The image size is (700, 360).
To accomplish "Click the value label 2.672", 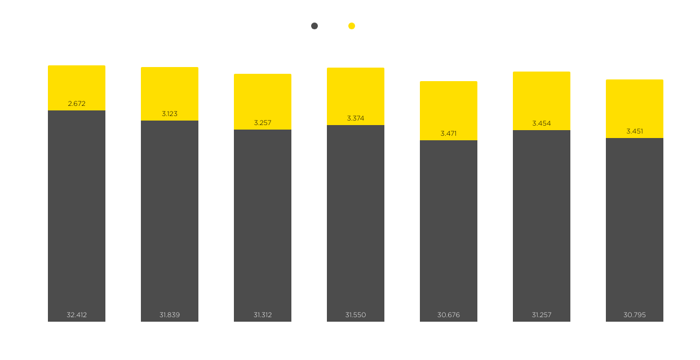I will coord(77,104).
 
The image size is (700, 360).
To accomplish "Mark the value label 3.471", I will coord(449,134).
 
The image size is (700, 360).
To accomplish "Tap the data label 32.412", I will coord(77,315).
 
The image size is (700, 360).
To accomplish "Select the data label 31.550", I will coord(356,315).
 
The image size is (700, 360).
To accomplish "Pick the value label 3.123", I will coord(170,114).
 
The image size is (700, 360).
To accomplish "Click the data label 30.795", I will coord(635,315).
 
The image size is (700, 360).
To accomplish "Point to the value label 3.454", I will coord(542,123).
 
